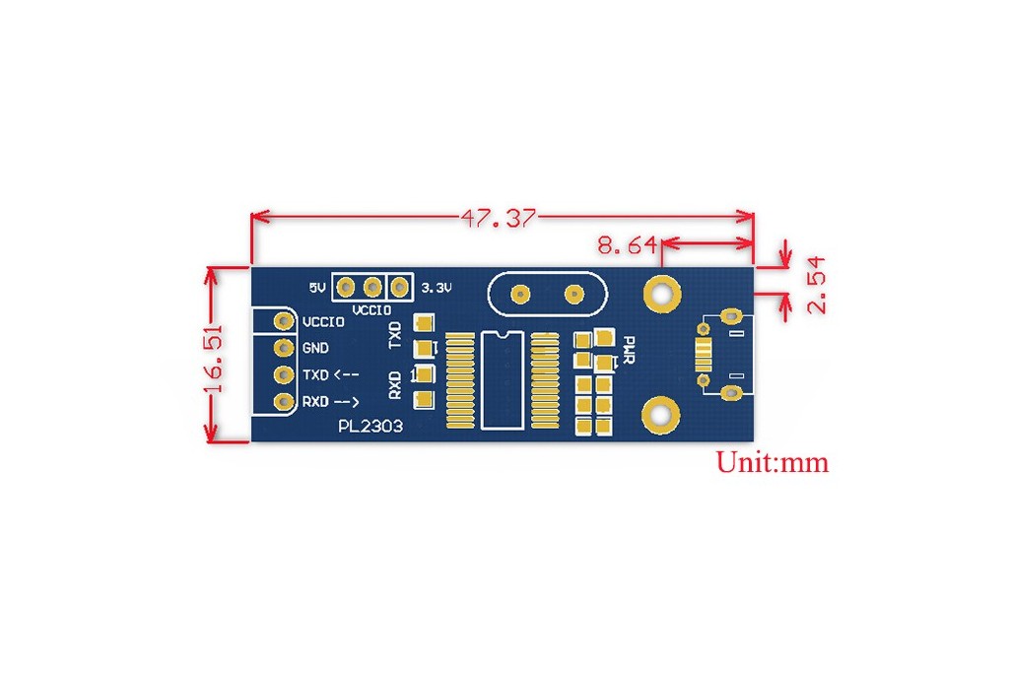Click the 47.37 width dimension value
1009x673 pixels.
pos(498,218)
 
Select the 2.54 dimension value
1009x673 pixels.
pos(816,285)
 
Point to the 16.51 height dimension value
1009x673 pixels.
pos(213,359)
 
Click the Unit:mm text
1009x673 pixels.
pos(773,462)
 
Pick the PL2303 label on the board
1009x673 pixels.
pos(370,426)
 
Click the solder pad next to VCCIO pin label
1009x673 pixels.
pos(284,321)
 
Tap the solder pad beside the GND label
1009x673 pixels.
pos(284,348)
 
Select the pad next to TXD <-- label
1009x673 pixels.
pos(284,374)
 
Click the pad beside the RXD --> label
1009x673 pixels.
pos(284,401)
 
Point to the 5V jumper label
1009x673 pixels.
pos(317,288)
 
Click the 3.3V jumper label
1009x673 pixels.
pos(437,288)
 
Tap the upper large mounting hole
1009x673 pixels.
pos(662,294)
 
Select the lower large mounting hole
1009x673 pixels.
pos(661,416)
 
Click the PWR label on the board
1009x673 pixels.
pos(630,350)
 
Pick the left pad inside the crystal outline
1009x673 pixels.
pos(520,295)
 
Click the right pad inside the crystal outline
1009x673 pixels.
pos(574,295)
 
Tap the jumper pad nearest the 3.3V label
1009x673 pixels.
pos(400,287)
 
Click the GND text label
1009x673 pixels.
pos(315,348)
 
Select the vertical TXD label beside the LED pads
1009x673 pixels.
pos(395,335)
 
